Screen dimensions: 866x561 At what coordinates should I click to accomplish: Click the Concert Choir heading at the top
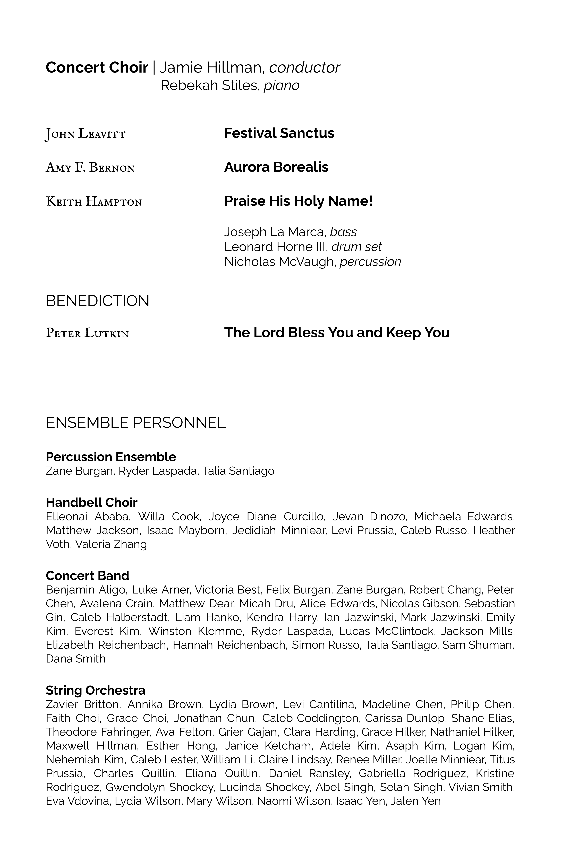(x=97, y=68)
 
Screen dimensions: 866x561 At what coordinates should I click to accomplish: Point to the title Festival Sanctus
(x=279, y=133)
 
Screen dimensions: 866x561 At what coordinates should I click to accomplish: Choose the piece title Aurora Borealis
(x=276, y=167)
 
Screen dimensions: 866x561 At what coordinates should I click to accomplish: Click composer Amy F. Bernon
(x=90, y=168)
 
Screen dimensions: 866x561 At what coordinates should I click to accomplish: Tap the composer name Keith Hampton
(x=94, y=202)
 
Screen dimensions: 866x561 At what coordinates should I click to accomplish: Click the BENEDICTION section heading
(x=98, y=301)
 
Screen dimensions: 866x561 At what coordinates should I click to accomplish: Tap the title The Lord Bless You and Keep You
(x=337, y=333)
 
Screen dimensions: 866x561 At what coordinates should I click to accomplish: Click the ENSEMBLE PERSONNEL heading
(x=135, y=422)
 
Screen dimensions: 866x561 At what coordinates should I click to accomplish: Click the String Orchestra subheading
(x=95, y=690)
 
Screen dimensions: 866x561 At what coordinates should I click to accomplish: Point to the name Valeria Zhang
(x=111, y=544)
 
